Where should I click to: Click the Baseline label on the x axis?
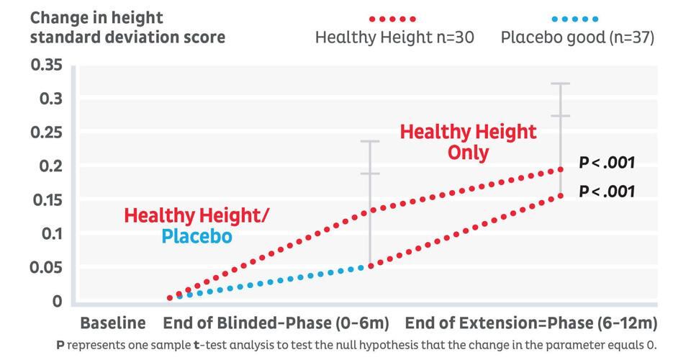[x=112, y=323]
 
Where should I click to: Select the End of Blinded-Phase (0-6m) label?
[x=276, y=323]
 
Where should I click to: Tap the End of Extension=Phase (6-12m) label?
[x=531, y=323]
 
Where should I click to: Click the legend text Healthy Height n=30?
[x=394, y=37]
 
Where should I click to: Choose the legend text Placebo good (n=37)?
[x=577, y=37]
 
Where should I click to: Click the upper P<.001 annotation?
[x=607, y=163]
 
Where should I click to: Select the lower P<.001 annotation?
[x=607, y=192]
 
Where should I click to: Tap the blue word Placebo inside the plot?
[x=197, y=236]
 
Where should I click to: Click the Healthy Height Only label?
[x=468, y=142]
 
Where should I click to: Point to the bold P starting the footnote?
[x=61, y=345]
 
